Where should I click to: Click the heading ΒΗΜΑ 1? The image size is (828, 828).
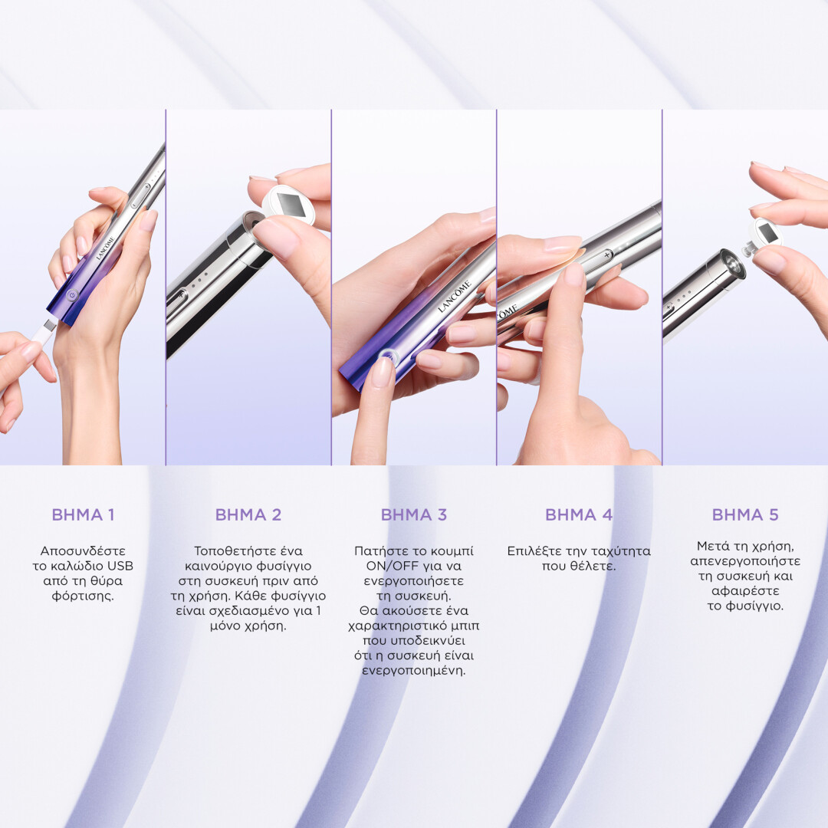pyautogui.click(x=83, y=514)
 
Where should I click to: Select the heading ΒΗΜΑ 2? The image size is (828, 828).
pyautogui.click(x=248, y=514)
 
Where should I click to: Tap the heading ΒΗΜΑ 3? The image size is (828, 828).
pyautogui.click(x=413, y=514)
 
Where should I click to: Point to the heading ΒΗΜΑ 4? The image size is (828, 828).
pyautogui.click(x=579, y=514)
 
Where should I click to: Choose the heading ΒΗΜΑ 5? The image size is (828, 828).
pyautogui.click(x=745, y=514)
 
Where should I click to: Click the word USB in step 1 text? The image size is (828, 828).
pyautogui.click(x=120, y=566)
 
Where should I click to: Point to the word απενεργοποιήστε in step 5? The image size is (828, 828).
pyautogui.click(x=745, y=561)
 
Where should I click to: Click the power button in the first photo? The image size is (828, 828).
pyautogui.click(x=72, y=296)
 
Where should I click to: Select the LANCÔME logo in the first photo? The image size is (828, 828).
pyautogui.click(x=105, y=248)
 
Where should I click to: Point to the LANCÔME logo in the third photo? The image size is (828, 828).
pyautogui.click(x=454, y=296)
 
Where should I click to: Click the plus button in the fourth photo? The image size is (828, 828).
pyautogui.click(x=606, y=255)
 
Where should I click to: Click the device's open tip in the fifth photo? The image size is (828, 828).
pyautogui.click(x=733, y=264)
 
